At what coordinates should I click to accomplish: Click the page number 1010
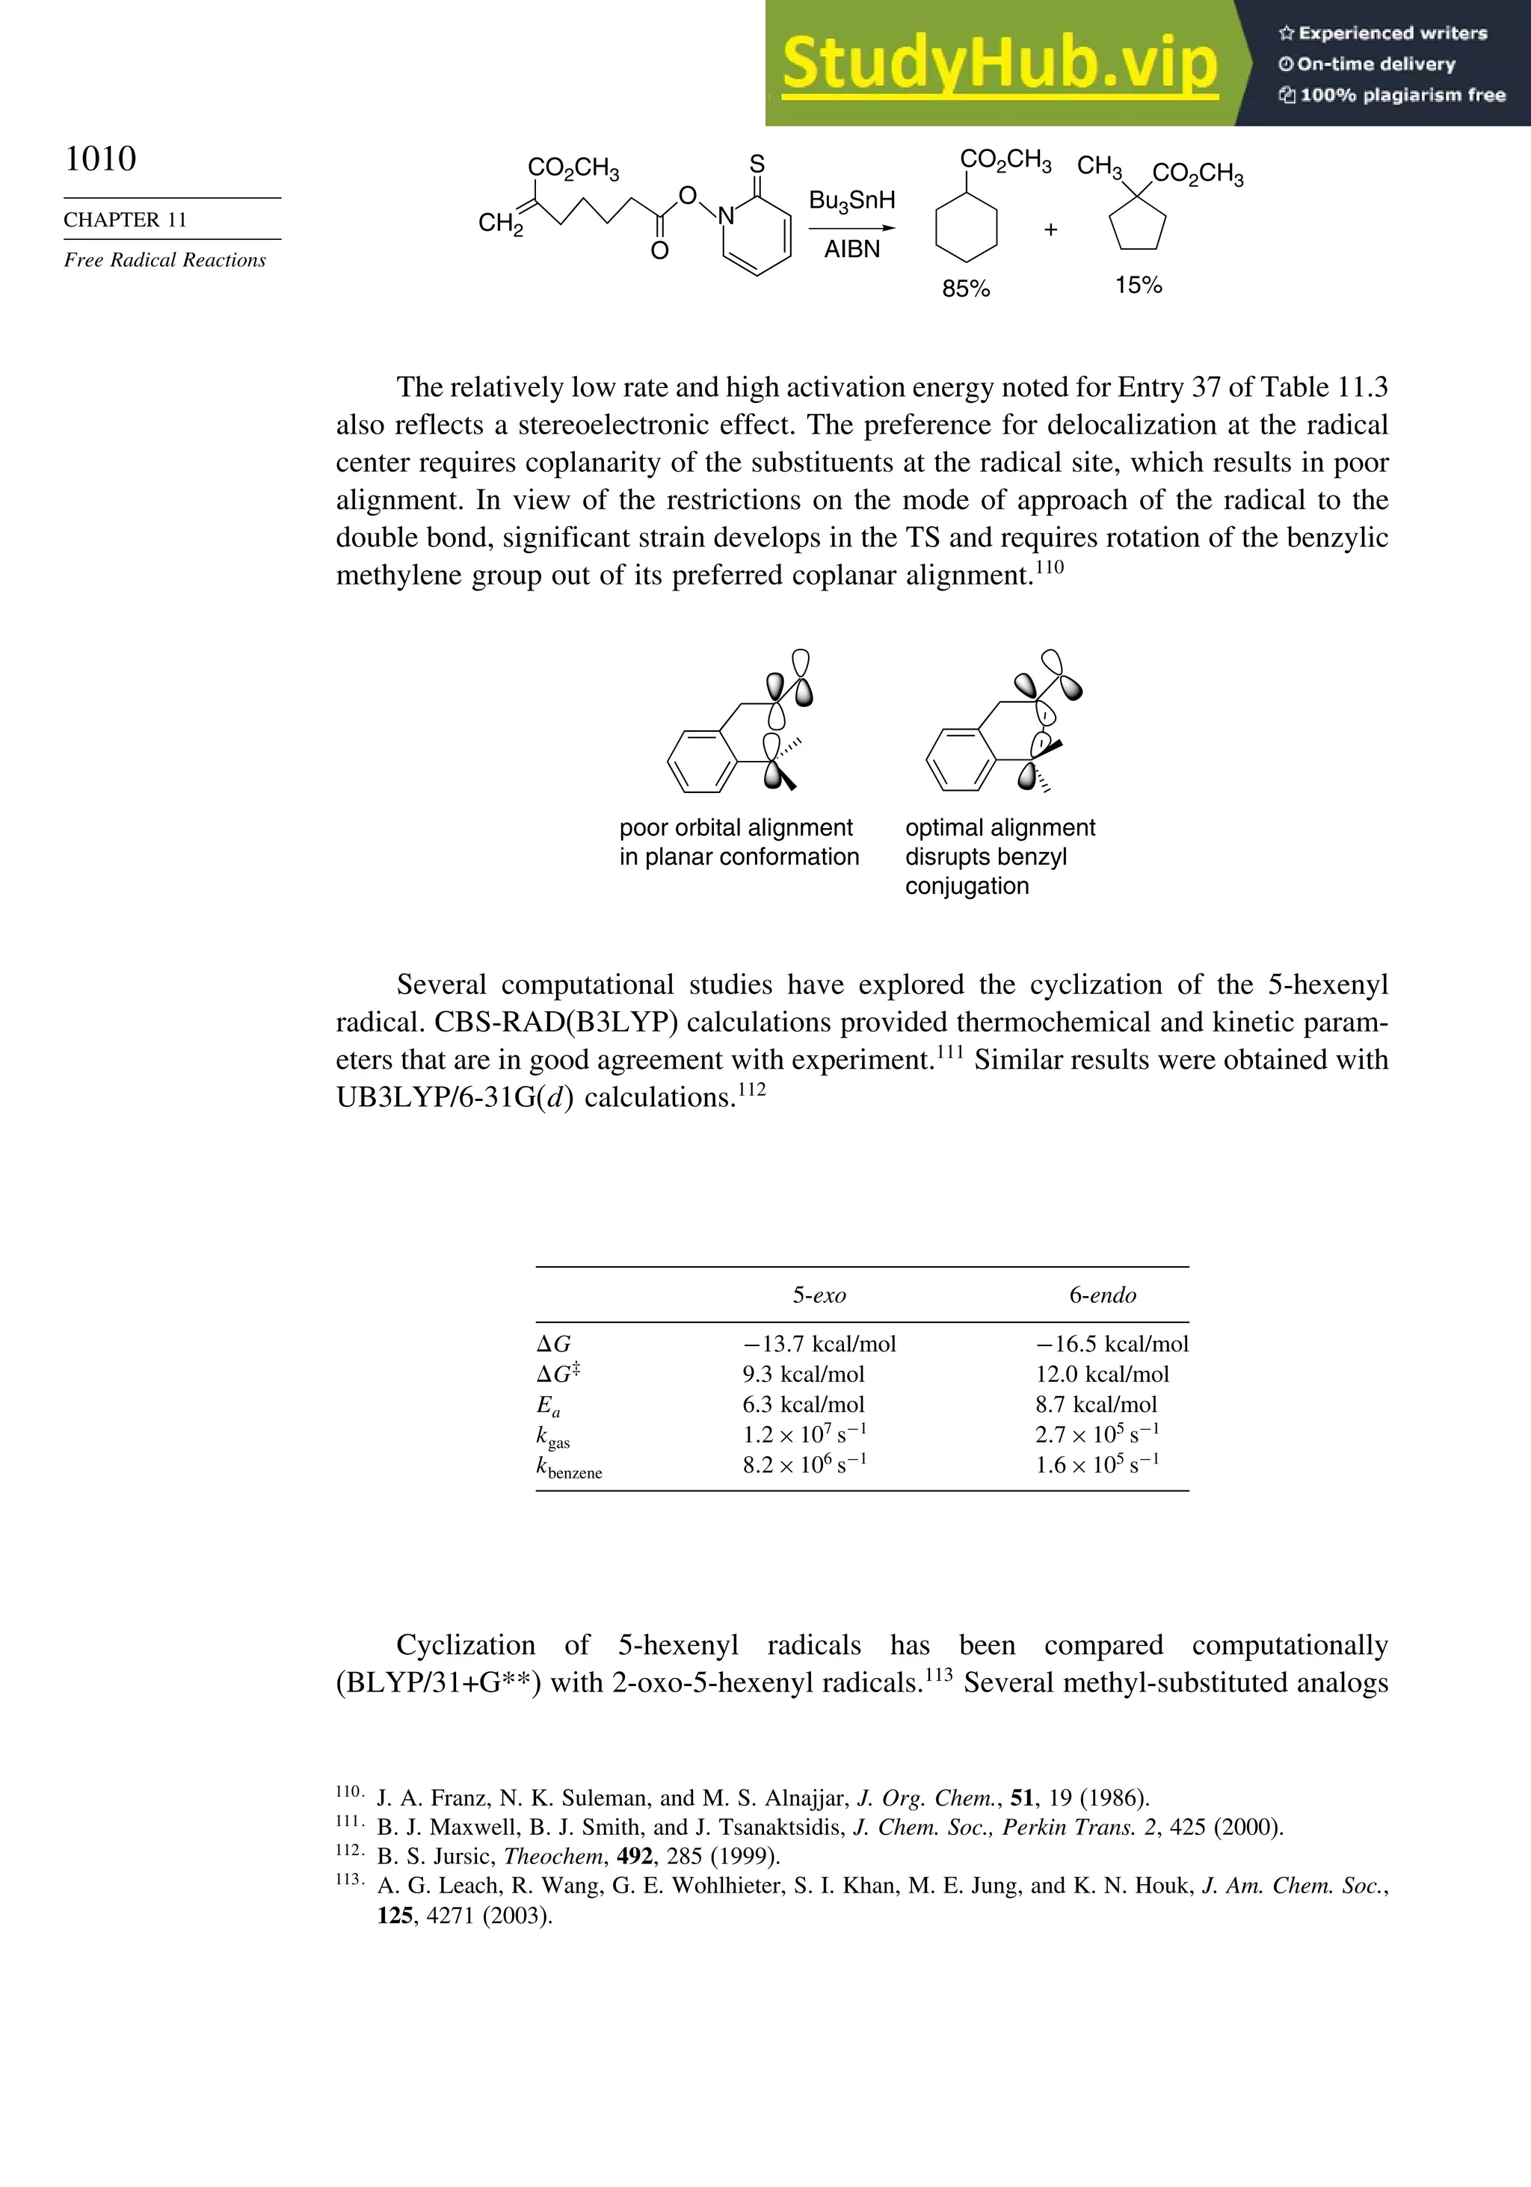100,158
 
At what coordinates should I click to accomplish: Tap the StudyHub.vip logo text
999,63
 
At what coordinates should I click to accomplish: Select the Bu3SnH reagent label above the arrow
851,201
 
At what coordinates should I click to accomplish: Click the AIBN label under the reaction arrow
851,250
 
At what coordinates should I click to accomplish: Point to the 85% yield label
966,289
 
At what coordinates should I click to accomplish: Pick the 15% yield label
1139,285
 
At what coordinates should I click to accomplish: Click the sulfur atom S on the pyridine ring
757,164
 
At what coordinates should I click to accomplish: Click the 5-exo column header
819,1295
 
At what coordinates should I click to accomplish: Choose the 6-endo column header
1103,1295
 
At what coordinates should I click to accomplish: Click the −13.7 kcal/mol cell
819,1344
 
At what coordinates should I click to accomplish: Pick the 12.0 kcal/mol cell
1103,1375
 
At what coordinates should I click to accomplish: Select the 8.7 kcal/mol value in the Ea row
1096,1405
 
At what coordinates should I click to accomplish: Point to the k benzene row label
569,1468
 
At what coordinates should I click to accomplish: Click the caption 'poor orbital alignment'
736,827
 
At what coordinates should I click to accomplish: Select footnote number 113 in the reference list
348,1881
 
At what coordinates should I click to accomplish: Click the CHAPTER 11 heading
125,220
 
